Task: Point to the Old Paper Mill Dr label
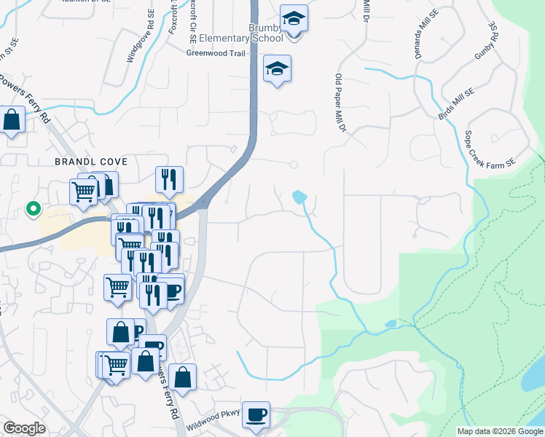(339, 103)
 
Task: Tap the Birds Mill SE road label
(456, 104)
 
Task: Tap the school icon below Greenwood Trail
(277, 68)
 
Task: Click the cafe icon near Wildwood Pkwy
(256, 415)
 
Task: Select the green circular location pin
(33, 209)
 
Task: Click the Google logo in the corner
(24, 428)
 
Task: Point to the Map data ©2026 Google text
(500, 431)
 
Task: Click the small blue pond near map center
(299, 197)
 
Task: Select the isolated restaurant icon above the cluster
(169, 179)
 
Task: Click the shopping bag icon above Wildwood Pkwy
(182, 377)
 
